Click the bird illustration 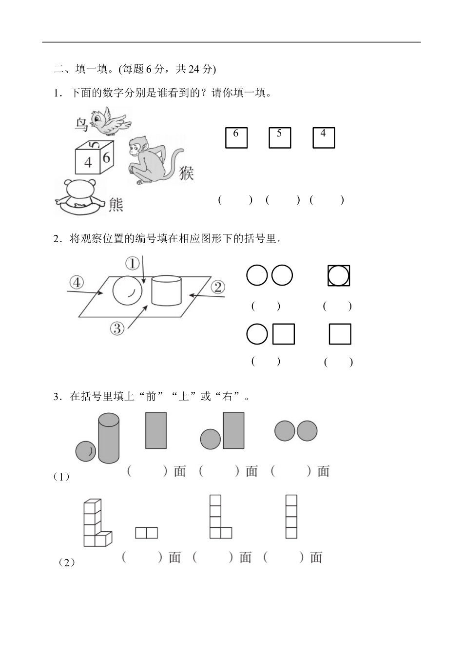coord(110,121)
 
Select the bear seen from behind coord(80,197)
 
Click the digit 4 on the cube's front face coord(88,162)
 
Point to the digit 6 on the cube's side coord(107,157)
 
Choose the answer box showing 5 coord(280,137)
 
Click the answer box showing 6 coord(236,137)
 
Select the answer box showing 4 coord(324,137)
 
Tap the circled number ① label coord(132,264)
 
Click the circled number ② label coord(218,287)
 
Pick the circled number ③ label coord(117,328)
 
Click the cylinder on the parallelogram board coord(167,290)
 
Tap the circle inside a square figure coord(339,276)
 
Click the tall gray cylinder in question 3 coord(109,438)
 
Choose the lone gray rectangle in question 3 coord(156,430)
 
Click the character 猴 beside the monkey coord(186,173)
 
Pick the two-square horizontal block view coord(147,533)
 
